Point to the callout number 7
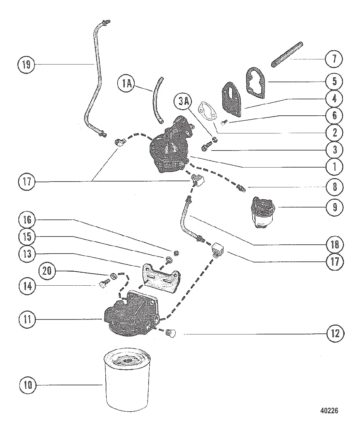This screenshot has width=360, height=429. coord(334,59)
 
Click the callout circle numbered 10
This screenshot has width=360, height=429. coord(28,386)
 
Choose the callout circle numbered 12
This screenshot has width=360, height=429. coord(334,333)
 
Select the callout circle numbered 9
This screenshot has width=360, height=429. coord(334,207)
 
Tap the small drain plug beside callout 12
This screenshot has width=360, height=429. coord(171,333)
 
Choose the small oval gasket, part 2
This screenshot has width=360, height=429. coord(208,110)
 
